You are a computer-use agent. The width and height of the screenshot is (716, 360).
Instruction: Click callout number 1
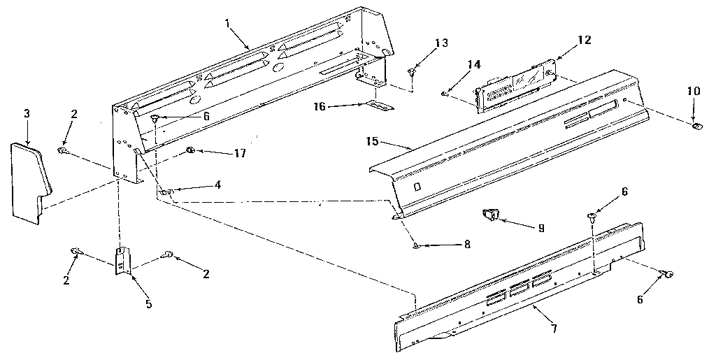pos(227,23)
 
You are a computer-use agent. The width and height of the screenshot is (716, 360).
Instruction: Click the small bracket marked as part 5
pos(122,263)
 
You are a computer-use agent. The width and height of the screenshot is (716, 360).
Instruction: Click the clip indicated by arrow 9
pos(492,215)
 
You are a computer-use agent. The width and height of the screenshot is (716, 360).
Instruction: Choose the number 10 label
pos(692,91)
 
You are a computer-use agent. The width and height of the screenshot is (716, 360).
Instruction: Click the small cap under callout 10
pos(696,126)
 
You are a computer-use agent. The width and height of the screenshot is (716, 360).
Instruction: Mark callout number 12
pos(584,40)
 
